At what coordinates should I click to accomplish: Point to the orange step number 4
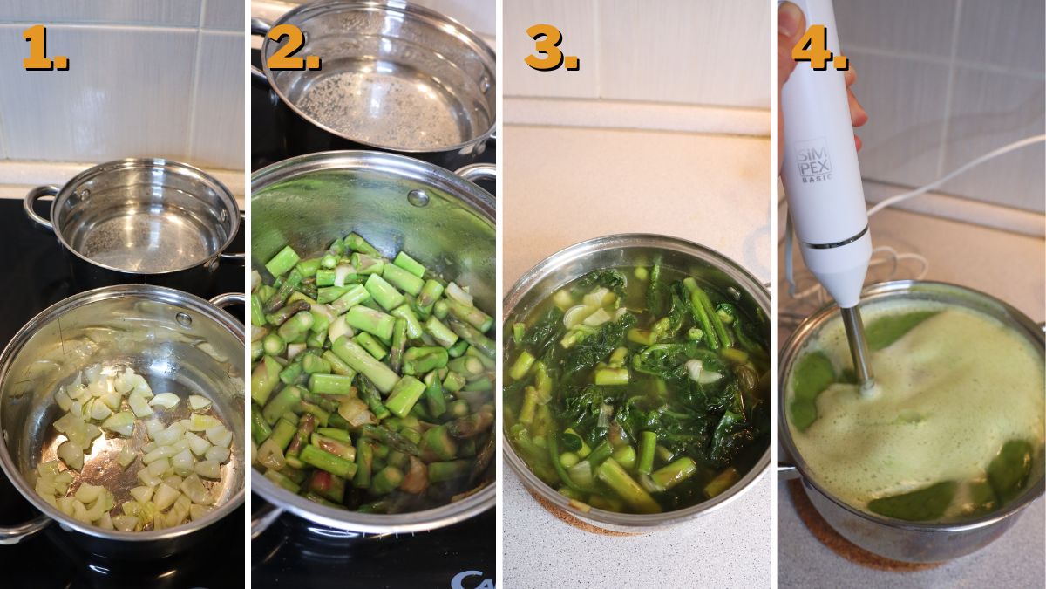817,48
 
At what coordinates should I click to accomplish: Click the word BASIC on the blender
816,177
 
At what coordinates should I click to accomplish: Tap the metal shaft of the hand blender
857,349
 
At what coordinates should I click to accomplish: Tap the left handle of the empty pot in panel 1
39,205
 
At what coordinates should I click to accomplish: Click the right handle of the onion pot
228,301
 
